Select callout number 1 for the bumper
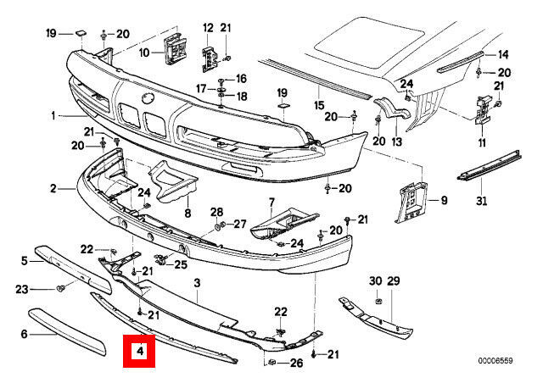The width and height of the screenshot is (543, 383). [53, 115]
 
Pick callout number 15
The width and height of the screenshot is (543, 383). [319, 105]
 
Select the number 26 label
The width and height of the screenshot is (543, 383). [295, 364]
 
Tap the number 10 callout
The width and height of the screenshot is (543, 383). [144, 53]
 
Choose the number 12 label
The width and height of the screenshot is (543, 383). [208, 28]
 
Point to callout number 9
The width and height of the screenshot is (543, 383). [442, 201]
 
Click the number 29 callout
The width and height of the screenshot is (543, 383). [393, 281]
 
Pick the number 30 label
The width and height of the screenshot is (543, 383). [374, 281]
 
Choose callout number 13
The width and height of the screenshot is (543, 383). [395, 142]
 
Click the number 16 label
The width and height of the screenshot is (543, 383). [241, 79]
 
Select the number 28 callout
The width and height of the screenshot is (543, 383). [216, 211]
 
